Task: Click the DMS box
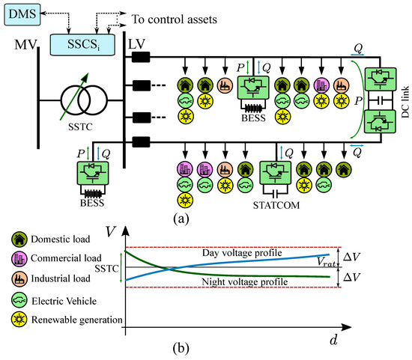(22, 14)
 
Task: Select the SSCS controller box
(82, 45)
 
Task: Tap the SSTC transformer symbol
(84, 100)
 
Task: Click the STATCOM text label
(276, 205)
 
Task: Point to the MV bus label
(25, 45)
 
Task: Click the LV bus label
(136, 44)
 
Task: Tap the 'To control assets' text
(175, 19)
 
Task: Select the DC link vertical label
(405, 102)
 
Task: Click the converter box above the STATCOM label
(276, 173)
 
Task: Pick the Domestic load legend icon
(19, 240)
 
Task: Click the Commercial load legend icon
(19, 258)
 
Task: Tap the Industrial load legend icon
(19, 278)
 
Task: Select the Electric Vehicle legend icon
(19, 300)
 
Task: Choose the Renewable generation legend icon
(19, 320)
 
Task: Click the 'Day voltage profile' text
(242, 253)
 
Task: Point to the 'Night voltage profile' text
(245, 282)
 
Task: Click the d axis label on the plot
(333, 340)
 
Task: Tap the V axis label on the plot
(111, 231)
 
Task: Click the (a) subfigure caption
(181, 219)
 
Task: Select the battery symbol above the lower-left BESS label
(92, 194)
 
